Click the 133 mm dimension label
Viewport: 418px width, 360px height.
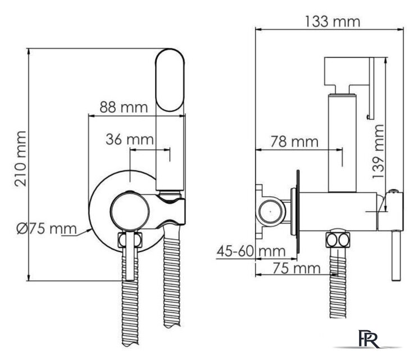pos(332,21)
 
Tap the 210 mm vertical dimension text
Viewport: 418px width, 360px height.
pos(21,159)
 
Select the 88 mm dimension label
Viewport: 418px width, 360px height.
pos(124,107)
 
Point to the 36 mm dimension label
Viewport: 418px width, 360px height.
pos(130,139)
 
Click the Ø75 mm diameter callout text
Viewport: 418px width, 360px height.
pos(47,229)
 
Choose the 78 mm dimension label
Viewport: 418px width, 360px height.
pos(294,141)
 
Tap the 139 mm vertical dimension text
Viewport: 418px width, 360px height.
pos(378,151)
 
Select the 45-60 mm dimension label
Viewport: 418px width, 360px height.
pos(251,251)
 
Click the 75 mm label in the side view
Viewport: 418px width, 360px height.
pos(296,268)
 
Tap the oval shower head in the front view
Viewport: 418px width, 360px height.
pos(170,80)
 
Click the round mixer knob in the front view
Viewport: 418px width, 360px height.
pos(130,211)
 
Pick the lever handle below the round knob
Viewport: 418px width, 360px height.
pos(130,255)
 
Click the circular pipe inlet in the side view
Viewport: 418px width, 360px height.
pos(270,211)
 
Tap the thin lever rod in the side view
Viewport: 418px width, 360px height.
pos(396,255)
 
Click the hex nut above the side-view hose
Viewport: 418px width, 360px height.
pos(338,240)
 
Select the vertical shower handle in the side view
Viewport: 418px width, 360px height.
pos(342,143)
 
